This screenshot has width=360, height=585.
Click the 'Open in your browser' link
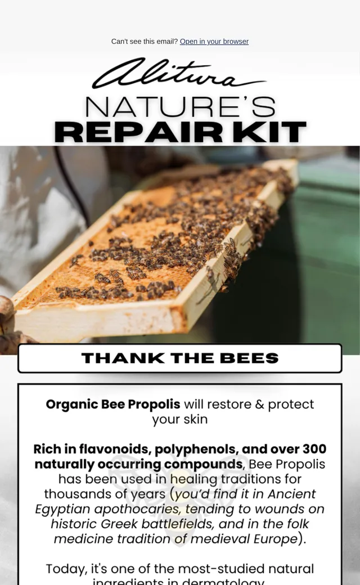tap(214, 42)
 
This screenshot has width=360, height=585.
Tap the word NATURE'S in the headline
tap(180, 107)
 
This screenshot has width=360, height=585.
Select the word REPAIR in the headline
tap(138, 132)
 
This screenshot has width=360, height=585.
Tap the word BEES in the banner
tap(249, 358)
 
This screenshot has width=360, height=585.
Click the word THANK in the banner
tap(124, 358)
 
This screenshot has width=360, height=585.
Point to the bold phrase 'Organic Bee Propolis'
tap(113, 404)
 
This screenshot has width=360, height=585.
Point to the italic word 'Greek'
tap(119, 524)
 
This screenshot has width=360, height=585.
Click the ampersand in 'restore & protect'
tap(260, 404)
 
